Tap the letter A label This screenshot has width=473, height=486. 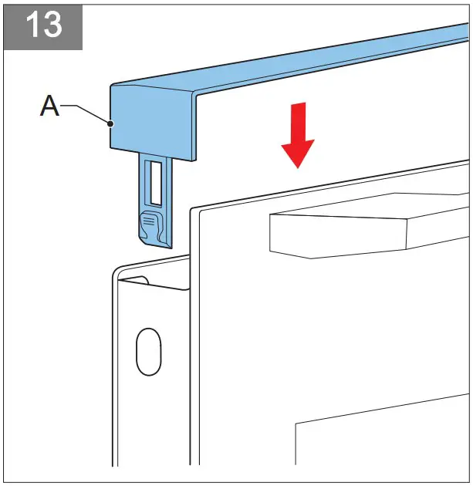point(49,107)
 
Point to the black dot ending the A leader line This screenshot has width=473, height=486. point(112,123)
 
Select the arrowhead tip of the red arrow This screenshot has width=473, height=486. point(297,167)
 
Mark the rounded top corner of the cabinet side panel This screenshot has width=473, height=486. point(117,272)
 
